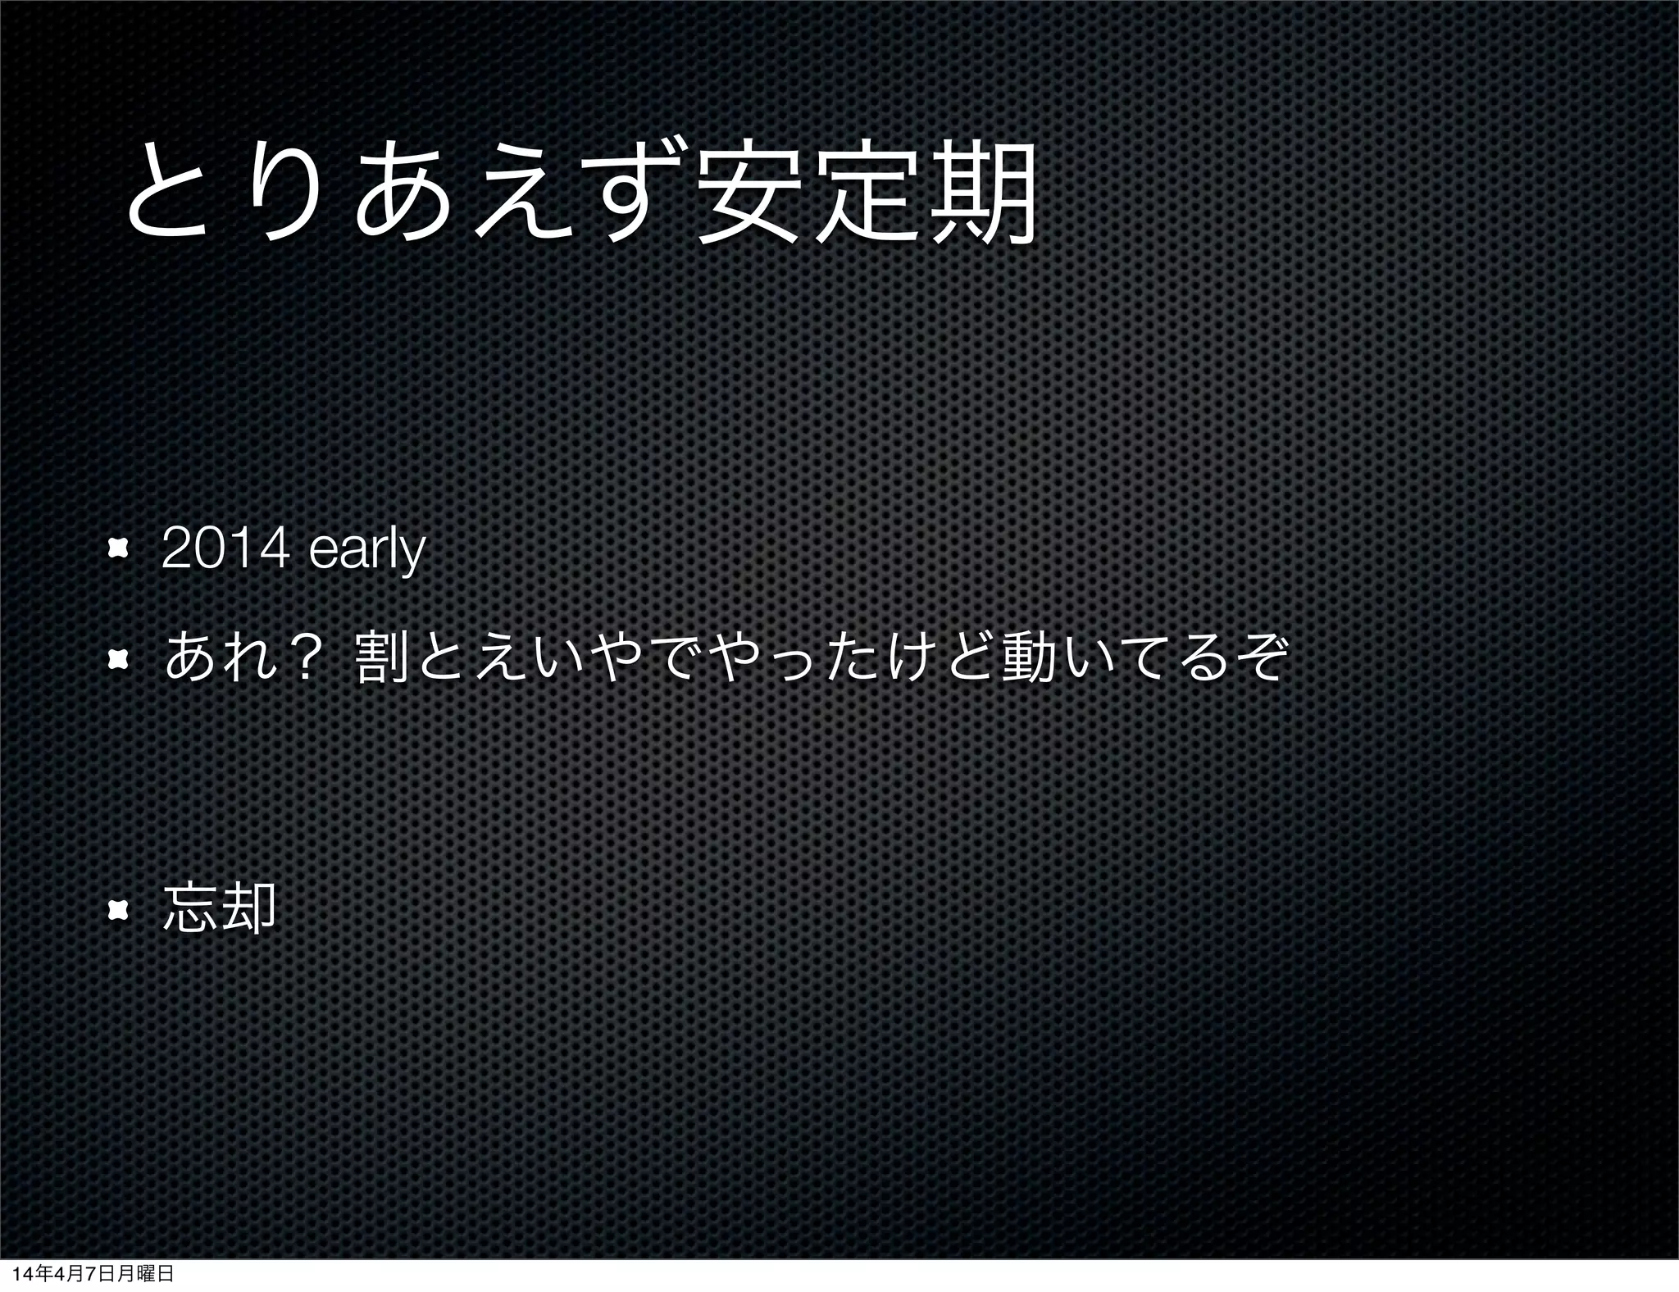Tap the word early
(x=367, y=552)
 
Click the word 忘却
(x=219, y=908)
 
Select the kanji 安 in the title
(x=745, y=195)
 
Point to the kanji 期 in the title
(x=983, y=195)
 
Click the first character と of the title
(x=167, y=195)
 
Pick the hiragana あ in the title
(x=398, y=195)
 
